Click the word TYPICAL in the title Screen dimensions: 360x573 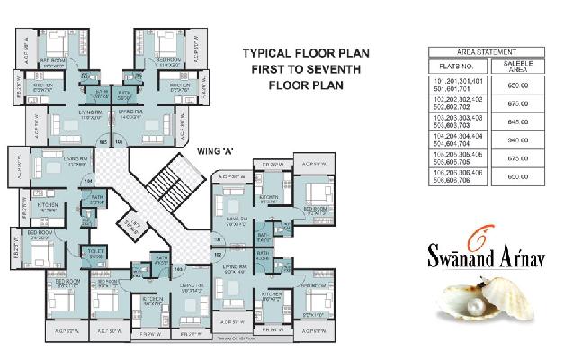click(263, 54)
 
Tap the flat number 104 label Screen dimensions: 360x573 click(88, 181)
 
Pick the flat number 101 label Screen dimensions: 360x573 click(218, 241)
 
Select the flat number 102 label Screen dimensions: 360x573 click(218, 254)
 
